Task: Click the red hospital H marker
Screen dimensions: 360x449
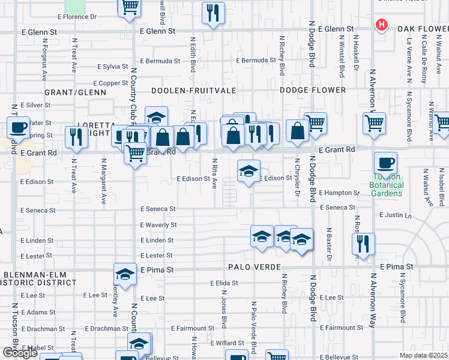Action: point(381,25)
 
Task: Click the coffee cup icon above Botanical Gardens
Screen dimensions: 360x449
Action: point(385,162)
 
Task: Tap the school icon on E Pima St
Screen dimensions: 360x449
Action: point(125,274)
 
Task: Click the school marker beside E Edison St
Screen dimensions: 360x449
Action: point(249,172)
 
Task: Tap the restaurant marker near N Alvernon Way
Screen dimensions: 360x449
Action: point(363,244)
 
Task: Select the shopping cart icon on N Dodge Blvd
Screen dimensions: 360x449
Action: point(315,123)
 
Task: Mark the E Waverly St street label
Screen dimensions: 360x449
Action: point(158,225)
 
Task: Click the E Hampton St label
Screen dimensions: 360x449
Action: point(339,193)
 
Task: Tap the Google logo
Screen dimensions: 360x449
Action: point(20,352)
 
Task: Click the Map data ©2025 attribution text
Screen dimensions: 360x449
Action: point(423,355)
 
